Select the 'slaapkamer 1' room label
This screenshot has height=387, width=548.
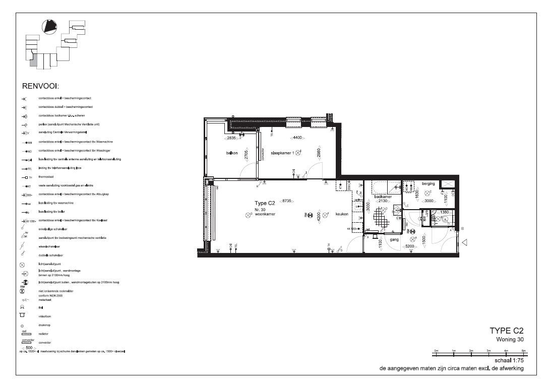coord(282,152)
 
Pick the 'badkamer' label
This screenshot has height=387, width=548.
coord(383,197)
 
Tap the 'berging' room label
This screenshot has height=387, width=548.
coord(428,184)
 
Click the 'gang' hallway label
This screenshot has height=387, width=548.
coord(394,240)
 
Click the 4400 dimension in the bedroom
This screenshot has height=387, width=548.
coord(297,138)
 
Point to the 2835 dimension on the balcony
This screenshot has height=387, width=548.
coord(231,138)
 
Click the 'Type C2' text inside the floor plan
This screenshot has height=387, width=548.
coord(264,203)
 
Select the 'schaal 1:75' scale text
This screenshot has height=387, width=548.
coord(509,361)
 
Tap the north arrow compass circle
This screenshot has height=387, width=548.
coord(49,26)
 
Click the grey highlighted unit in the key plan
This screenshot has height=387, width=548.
coord(33,61)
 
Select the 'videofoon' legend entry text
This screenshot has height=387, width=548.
coord(44,315)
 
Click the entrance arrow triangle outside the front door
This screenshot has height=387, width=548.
coord(465,242)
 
